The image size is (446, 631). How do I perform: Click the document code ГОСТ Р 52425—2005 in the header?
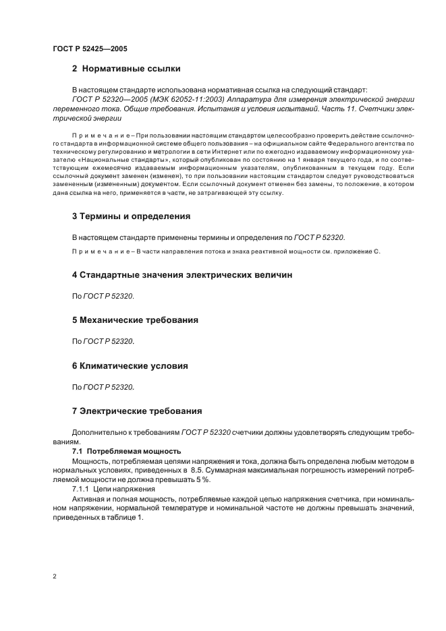pos(89,49)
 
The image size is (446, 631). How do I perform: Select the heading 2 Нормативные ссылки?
pos(126,69)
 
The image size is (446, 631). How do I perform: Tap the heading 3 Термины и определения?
pos(131,216)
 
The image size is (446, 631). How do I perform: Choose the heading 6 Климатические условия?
pos(130,365)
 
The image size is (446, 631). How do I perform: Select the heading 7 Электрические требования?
pos(137,411)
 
